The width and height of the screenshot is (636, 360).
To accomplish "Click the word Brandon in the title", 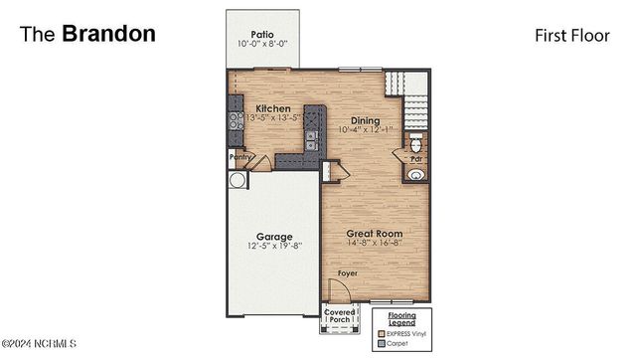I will coord(108,33).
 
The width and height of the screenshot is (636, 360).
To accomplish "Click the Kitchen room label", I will coord(273,108).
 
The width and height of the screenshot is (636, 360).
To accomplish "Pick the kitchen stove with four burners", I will coord(237,121).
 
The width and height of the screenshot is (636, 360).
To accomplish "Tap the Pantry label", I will coord(239,156).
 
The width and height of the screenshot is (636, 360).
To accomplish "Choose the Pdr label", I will coord(417,157).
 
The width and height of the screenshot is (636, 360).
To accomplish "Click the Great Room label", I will coord(374,232).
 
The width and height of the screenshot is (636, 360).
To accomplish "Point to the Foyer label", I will coord(346,272).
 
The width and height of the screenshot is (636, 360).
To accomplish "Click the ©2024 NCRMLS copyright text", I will coord(39,344).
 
